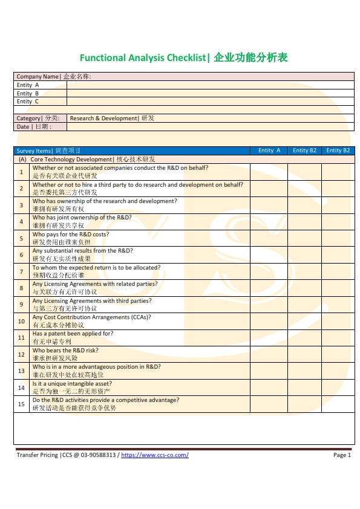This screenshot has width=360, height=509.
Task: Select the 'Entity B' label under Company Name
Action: point(28,94)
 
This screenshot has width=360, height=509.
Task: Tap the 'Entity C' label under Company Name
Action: point(28,102)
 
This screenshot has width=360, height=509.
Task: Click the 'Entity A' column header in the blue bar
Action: point(269,151)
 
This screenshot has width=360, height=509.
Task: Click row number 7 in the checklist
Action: point(21,271)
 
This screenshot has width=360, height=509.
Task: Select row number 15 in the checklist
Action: point(21,404)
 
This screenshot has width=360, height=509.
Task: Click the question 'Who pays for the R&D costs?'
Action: point(71,235)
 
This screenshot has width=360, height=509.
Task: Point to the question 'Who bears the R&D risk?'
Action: point(65,351)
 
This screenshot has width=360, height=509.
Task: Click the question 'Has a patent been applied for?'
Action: point(73,334)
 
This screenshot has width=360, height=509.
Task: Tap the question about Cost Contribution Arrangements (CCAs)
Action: point(91,317)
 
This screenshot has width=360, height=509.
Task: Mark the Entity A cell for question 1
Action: point(269,172)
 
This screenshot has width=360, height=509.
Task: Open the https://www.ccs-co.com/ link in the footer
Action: point(155,455)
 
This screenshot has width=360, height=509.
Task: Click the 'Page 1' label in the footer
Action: point(342,455)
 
